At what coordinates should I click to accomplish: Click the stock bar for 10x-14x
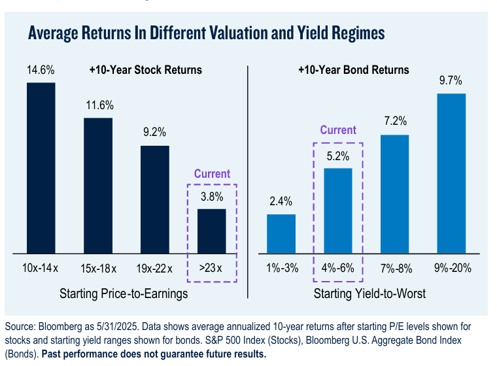pyautogui.click(x=41, y=167)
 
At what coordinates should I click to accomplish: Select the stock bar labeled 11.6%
pyautogui.click(x=98, y=185)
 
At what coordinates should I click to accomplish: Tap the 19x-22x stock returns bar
pyautogui.click(x=155, y=199)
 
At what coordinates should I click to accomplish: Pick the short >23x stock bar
pyautogui.click(x=212, y=230)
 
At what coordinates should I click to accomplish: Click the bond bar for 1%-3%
pyautogui.click(x=281, y=233)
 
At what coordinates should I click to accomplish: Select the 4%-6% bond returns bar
pyautogui.click(x=338, y=210)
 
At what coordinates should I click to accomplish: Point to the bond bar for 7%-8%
pyautogui.click(x=394, y=193)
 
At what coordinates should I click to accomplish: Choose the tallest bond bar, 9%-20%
pyautogui.click(x=451, y=173)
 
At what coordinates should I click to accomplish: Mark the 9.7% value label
pyautogui.click(x=451, y=81)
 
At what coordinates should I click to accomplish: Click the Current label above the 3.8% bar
pyautogui.click(x=213, y=174)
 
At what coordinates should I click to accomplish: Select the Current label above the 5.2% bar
pyautogui.click(x=338, y=130)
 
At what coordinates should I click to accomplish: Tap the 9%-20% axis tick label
pyautogui.click(x=451, y=269)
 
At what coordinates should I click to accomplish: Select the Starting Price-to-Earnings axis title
pyautogui.click(x=124, y=293)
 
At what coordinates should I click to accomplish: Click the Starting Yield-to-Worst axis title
pyautogui.click(x=369, y=293)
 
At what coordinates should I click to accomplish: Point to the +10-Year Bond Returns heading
pyautogui.click(x=353, y=70)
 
